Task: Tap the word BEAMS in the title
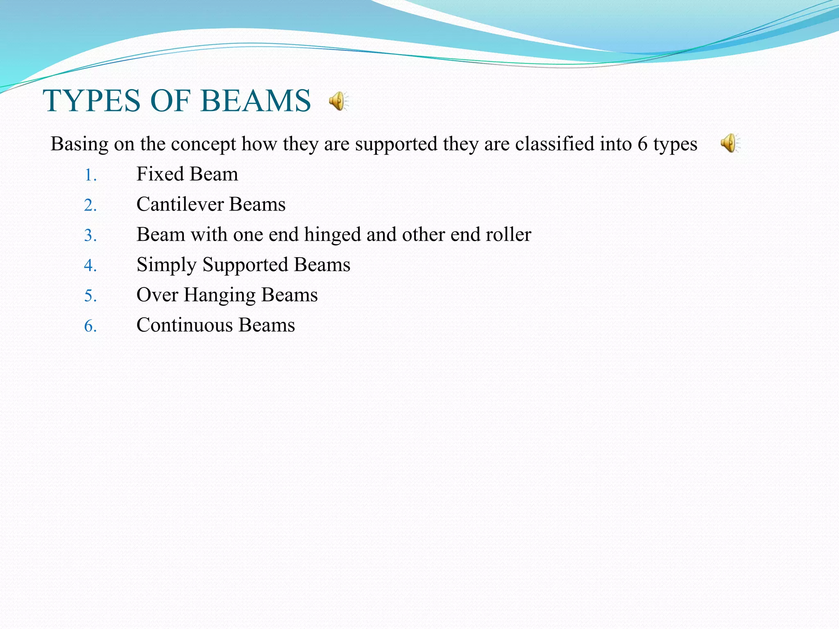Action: (x=256, y=101)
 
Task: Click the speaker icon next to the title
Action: (x=338, y=101)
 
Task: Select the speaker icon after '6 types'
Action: (x=730, y=143)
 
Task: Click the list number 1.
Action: (x=90, y=175)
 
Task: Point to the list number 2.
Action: (x=90, y=206)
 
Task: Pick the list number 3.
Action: (x=90, y=236)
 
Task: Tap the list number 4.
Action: (x=90, y=266)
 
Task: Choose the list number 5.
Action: (x=90, y=296)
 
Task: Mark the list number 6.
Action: (x=90, y=326)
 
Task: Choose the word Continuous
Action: (x=184, y=325)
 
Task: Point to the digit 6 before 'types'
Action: (x=642, y=144)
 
